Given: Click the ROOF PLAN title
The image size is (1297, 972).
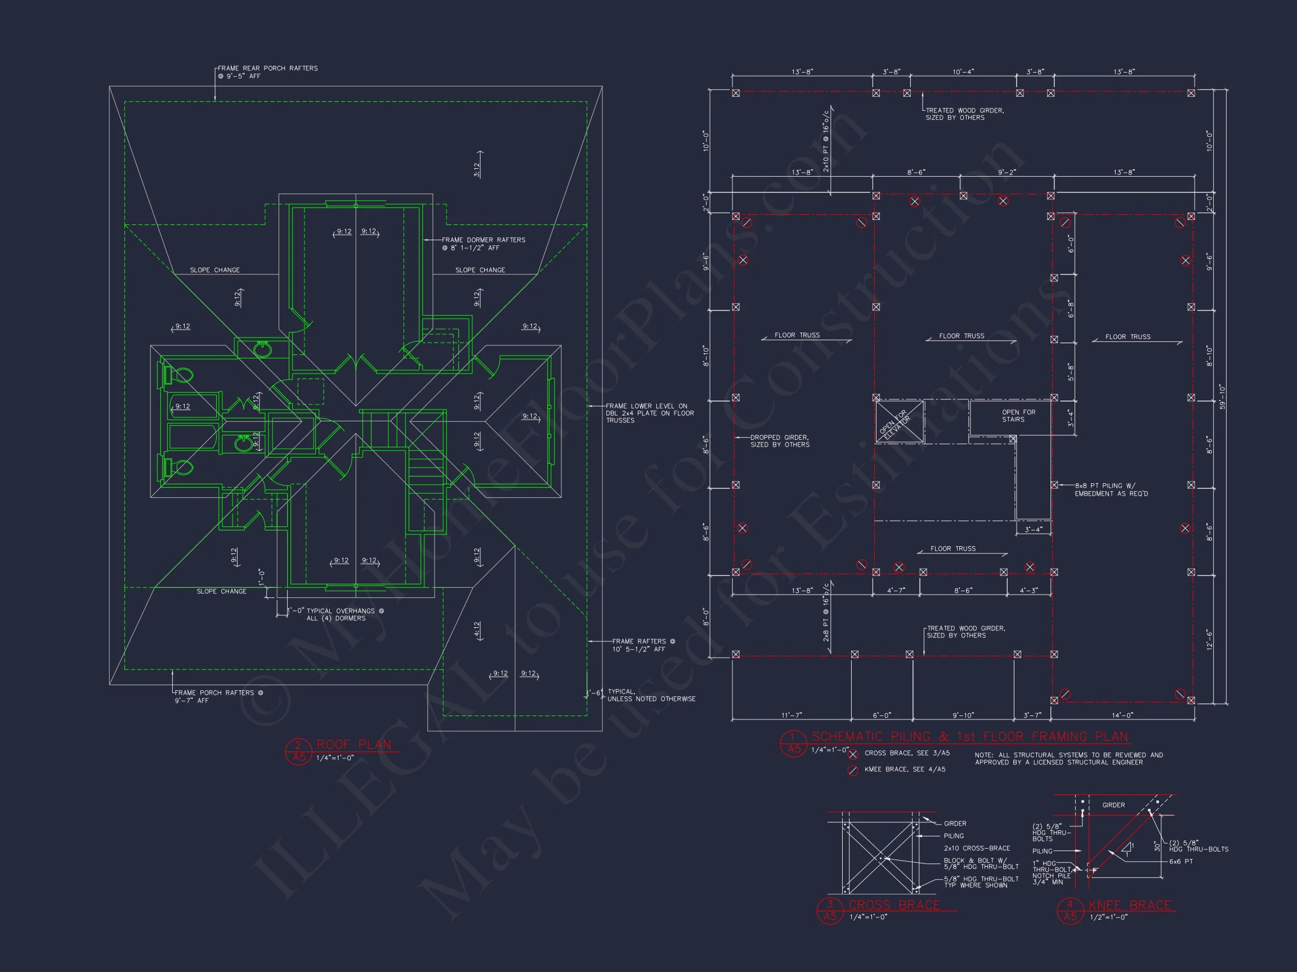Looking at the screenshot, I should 354,745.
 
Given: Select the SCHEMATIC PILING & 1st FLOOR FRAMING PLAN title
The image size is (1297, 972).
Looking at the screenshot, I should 970,736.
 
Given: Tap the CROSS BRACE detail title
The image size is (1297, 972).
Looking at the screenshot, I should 894,904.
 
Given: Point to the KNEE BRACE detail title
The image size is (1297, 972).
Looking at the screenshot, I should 1130,905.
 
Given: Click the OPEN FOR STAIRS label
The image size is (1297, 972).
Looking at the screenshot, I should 1018,415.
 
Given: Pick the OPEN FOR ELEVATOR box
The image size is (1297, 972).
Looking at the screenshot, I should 899,421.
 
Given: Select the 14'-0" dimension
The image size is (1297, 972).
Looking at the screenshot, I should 1122,715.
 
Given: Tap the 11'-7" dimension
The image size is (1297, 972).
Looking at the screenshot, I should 791,715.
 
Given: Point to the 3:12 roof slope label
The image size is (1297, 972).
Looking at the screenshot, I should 477,169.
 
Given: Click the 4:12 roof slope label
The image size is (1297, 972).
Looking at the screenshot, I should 477,629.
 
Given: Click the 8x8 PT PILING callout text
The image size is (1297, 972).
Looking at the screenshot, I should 1111,489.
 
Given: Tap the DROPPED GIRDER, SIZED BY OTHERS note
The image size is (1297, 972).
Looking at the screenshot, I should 780,440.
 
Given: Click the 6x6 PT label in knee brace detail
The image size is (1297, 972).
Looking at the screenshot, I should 1181,861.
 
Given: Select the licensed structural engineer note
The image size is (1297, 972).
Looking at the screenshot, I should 1068,758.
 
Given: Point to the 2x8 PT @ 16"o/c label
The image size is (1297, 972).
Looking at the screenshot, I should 826,611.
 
